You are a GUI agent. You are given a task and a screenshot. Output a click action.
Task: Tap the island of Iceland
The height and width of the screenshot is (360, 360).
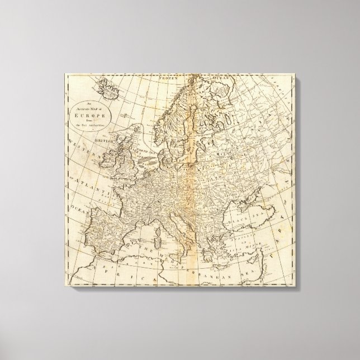107,88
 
